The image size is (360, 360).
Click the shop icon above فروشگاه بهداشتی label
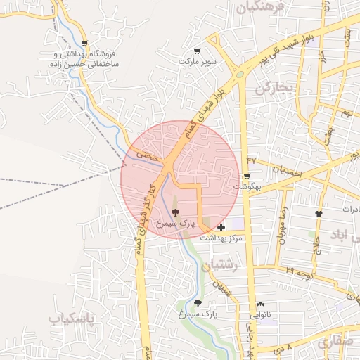pos(85,43)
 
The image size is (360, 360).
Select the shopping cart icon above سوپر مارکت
pos(197,51)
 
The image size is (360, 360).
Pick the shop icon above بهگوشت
pos(247,176)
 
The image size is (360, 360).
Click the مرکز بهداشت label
pos(221,238)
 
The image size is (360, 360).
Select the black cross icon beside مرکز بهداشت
pos(221,227)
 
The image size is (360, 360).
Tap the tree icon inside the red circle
pos(175,212)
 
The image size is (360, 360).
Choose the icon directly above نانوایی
pos(261,304)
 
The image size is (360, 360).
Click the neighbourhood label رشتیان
pos(220,265)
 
